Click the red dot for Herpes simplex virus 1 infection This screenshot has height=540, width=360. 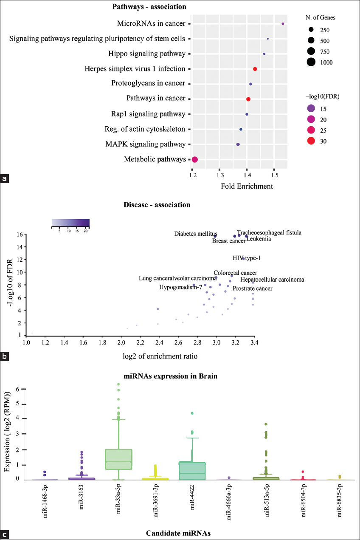point(255,69)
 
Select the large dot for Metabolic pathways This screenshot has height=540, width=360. point(195,160)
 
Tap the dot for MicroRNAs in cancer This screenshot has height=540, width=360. point(283,24)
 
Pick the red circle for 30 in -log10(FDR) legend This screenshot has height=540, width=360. point(311,141)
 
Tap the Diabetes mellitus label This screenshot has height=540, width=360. point(196,234)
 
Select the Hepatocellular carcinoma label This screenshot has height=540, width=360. point(272,280)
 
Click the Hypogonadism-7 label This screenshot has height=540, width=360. point(180,287)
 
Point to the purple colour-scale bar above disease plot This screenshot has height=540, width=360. point(70,223)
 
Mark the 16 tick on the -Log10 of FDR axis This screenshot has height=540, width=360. point(20,235)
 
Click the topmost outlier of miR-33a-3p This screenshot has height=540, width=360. point(119,385)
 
